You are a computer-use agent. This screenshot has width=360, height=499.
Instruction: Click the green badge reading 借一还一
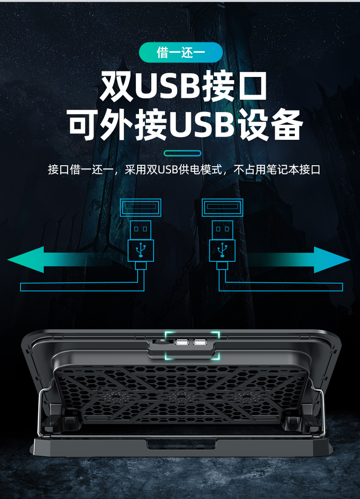180,53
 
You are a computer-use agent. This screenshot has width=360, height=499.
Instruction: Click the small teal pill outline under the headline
182,153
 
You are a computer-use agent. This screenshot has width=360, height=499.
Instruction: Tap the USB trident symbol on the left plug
141,249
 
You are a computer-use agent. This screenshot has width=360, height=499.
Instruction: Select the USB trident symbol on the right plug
222,249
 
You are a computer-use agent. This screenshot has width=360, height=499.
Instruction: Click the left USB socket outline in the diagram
141,208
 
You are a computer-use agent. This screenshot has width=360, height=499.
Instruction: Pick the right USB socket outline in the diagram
222,208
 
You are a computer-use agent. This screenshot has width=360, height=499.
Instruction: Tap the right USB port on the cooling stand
200,342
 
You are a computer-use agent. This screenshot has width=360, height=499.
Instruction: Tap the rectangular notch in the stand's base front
180,444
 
